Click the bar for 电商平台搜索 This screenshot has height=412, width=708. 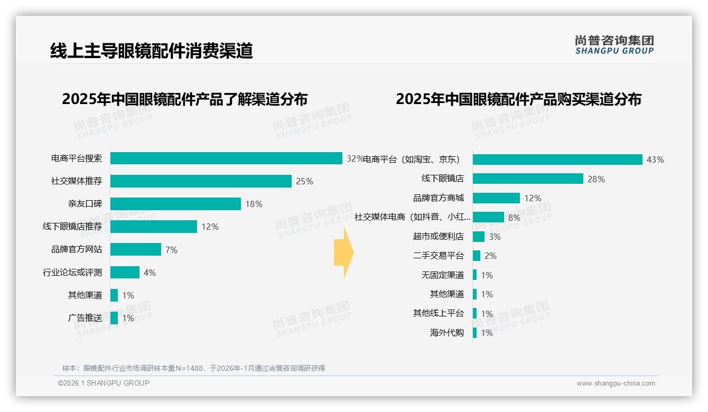tap(226, 158)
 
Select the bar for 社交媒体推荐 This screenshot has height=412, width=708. tap(201, 181)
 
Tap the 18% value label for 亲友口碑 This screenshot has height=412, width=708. tap(254, 204)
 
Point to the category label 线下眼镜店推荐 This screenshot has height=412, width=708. tap(72, 227)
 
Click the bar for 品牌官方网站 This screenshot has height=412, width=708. tap(136, 249)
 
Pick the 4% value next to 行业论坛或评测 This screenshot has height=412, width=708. tap(150, 273)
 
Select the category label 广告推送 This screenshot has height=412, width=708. tap(85, 318)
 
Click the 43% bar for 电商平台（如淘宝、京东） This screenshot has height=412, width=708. tap(557, 160)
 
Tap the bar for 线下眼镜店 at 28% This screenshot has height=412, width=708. tap(528, 179)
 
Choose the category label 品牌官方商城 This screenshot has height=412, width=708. tap(439, 198)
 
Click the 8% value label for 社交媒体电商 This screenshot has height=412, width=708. tap(514, 217)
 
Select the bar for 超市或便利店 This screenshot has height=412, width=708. tap(479, 237)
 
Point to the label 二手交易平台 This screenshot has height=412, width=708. tap(439, 256)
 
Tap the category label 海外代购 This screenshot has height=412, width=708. tap(447, 333)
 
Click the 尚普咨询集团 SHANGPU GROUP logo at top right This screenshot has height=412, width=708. tap(614, 45)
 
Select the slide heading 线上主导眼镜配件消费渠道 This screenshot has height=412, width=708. tap(152, 51)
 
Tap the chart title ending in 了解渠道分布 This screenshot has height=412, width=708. tap(184, 99)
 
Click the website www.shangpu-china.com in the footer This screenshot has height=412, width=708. tap(616, 383)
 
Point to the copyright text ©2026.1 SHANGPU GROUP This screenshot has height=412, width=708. tap(104, 383)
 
